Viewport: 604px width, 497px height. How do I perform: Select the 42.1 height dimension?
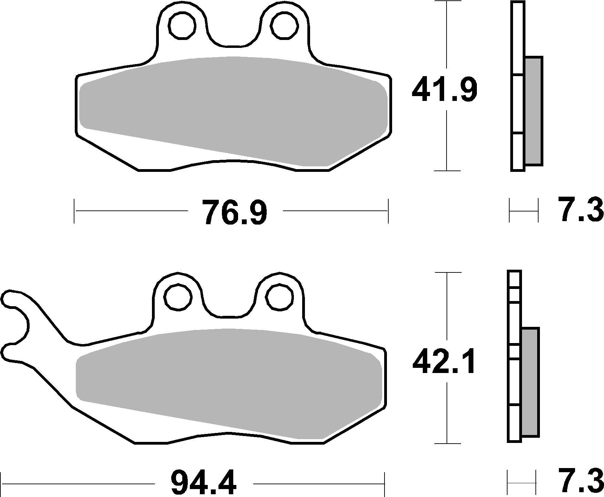(x=444, y=362)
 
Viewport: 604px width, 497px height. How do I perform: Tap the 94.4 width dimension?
(x=204, y=484)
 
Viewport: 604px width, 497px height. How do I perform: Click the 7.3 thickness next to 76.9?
(x=581, y=210)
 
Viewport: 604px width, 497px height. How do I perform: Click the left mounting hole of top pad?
(x=182, y=25)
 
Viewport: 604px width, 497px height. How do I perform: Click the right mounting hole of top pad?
(x=284, y=25)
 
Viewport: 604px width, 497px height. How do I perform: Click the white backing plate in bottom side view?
(x=514, y=382)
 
